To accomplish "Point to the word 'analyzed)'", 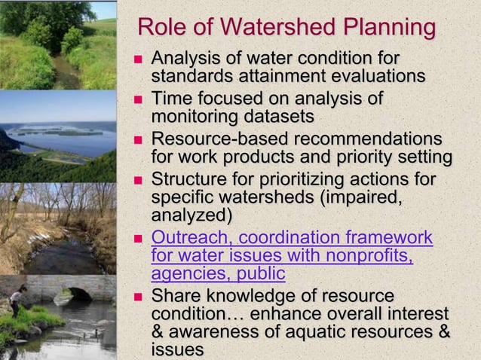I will pyautogui.click(x=191, y=215).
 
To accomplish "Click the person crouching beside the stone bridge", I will pyautogui.click(x=15, y=301).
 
